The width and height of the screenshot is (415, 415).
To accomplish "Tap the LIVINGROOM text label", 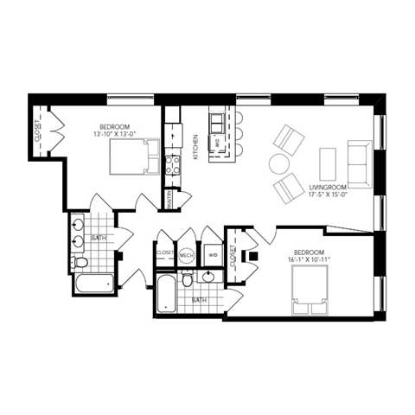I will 328,187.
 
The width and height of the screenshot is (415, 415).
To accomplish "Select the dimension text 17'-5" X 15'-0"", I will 327,195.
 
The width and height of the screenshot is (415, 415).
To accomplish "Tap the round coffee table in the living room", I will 279,163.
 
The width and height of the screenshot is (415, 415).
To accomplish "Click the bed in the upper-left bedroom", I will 134,157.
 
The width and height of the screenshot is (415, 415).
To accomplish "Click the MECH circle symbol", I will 187,255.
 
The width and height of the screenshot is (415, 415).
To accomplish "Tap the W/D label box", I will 213,255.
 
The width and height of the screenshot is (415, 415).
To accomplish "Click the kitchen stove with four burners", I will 172,163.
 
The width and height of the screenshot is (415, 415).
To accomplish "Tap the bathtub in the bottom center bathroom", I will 165,294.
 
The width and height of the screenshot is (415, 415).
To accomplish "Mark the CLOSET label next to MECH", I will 164,253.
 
